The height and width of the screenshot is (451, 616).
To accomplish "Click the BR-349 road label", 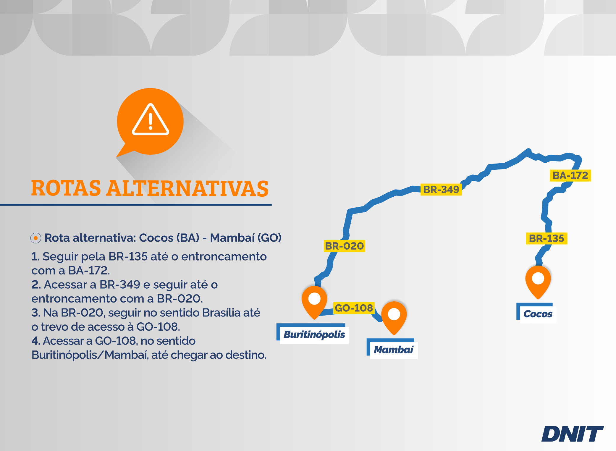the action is click(x=441, y=189).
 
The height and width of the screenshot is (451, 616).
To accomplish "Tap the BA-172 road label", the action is click(x=570, y=175).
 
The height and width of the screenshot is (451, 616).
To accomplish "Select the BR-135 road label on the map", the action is click(x=547, y=238).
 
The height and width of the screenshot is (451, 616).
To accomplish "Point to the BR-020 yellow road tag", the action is click(x=345, y=246).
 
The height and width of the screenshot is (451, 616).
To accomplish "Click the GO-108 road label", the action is click(x=354, y=308).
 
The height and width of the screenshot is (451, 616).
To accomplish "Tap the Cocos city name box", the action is click(x=536, y=313).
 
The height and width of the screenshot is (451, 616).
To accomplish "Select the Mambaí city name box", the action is click(x=392, y=349).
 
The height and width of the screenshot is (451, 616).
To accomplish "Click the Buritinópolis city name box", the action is click(x=313, y=334).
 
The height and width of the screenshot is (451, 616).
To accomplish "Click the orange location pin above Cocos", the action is click(x=538, y=281).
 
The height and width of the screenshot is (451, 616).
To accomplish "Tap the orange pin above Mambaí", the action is click(x=394, y=317).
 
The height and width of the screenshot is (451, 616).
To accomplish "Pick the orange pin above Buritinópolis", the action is click(x=314, y=302).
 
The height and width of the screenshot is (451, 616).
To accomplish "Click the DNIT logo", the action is click(x=573, y=434).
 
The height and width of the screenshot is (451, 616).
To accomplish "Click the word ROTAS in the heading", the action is click(x=66, y=188).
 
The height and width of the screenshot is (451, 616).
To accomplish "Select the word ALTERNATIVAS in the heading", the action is click(x=187, y=188).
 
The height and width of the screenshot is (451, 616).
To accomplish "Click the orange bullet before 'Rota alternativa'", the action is click(x=36, y=238).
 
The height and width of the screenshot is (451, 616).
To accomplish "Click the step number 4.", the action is click(x=35, y=341).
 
